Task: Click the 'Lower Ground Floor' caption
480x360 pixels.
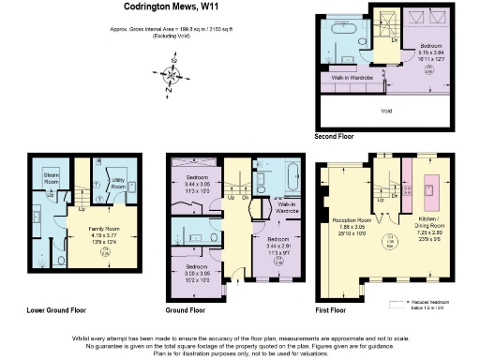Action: (55, 308)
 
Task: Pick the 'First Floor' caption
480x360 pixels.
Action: (332, 308)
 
